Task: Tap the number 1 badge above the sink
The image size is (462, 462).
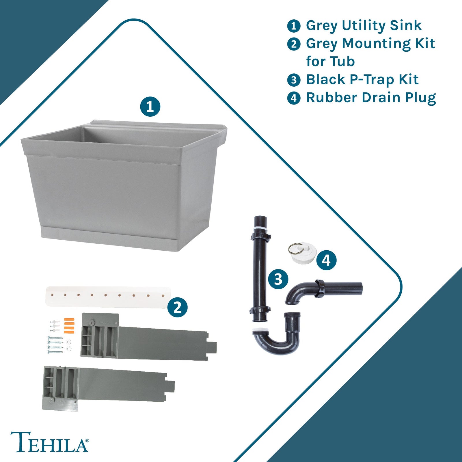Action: click(x=150, y=107)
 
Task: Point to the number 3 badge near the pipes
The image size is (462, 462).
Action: click(x=278, y=279)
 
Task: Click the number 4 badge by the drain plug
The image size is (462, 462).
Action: click(x=326, y=260)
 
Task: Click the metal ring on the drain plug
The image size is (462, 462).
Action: click(x=295, y=249)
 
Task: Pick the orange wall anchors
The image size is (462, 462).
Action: click(x=69, y=326)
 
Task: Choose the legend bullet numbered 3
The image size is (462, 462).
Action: click(x=294, y=80)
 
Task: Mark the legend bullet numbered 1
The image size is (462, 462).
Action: click(x=294, y=26)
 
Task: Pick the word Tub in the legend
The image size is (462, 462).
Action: click(x=342, y=62)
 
